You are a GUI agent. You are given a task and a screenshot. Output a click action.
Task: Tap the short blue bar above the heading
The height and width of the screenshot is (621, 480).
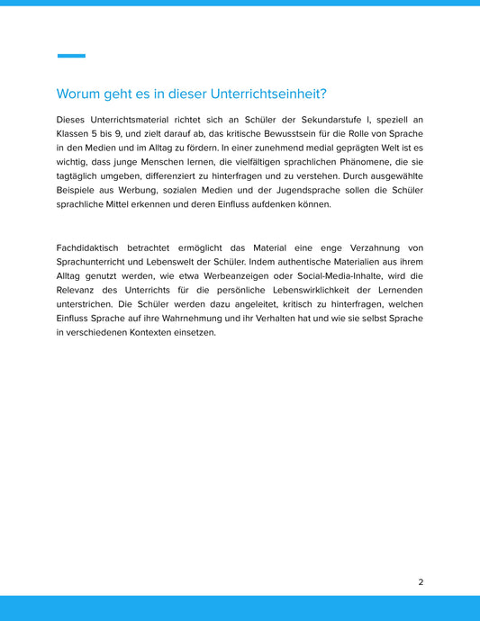[x=71, y=56]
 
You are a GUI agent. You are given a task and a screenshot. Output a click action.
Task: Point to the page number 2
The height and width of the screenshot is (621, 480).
[x=421, y=582]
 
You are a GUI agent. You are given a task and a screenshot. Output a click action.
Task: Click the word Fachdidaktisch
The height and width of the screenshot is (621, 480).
[x=91, y=247]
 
